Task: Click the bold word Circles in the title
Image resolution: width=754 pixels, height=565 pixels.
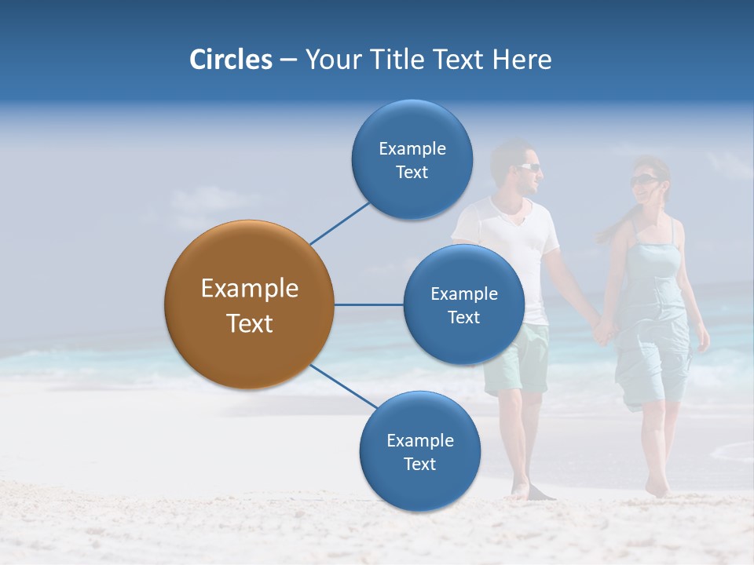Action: point(230,60)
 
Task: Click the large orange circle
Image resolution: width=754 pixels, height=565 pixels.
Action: point(249,304)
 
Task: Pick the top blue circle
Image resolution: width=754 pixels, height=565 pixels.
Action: point(412,160)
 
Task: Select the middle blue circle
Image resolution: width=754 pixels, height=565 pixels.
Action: point(463,304)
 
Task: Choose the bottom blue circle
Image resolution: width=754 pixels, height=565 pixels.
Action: point(419,452)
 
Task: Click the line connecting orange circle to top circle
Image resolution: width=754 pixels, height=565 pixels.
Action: point(339,223)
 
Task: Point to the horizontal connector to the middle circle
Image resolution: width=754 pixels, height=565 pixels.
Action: point(368,304)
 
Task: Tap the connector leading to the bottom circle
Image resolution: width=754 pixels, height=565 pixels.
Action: point(344,386)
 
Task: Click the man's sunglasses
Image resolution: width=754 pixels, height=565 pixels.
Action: point(529,167)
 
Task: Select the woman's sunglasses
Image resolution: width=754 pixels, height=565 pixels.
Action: point(642,180)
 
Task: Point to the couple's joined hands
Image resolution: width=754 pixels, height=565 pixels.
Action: point(604,329)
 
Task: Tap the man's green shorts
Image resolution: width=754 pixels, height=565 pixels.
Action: point(518,361)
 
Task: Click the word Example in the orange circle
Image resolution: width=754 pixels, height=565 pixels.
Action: point(249,289)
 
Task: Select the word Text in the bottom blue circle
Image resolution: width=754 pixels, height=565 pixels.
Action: point(419,464)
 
